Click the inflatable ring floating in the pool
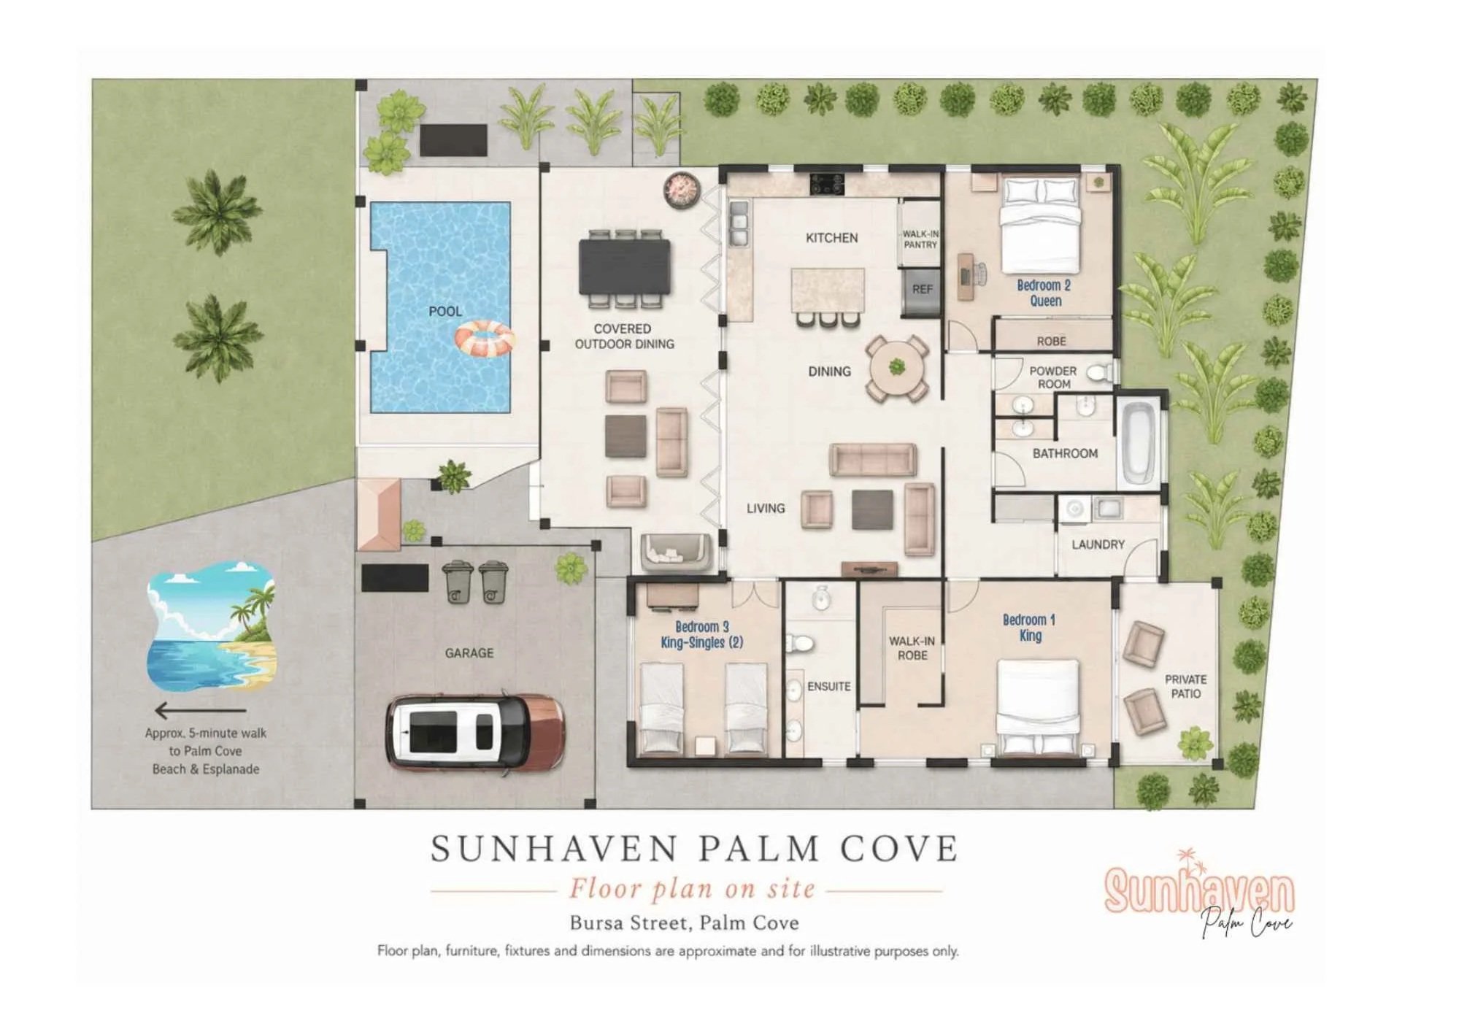click(485, 339)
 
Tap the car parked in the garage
click(475, 732)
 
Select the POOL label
click(445, 312)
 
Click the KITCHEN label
click(831, 238)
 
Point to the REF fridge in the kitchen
click(921, 290)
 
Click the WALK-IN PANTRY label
click(920, 239)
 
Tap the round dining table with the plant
click(897, 369)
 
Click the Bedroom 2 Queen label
click(1044, 293)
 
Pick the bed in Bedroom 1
click(1038, 706)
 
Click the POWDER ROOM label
click(1053, 377)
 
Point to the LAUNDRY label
click(1098, 544)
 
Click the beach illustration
click(211, 626)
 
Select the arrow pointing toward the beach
click(201, 709)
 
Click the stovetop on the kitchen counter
click(827, 183)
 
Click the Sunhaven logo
click(1199, 893)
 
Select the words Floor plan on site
click(691, 889)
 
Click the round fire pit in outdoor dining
click(682, 189)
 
